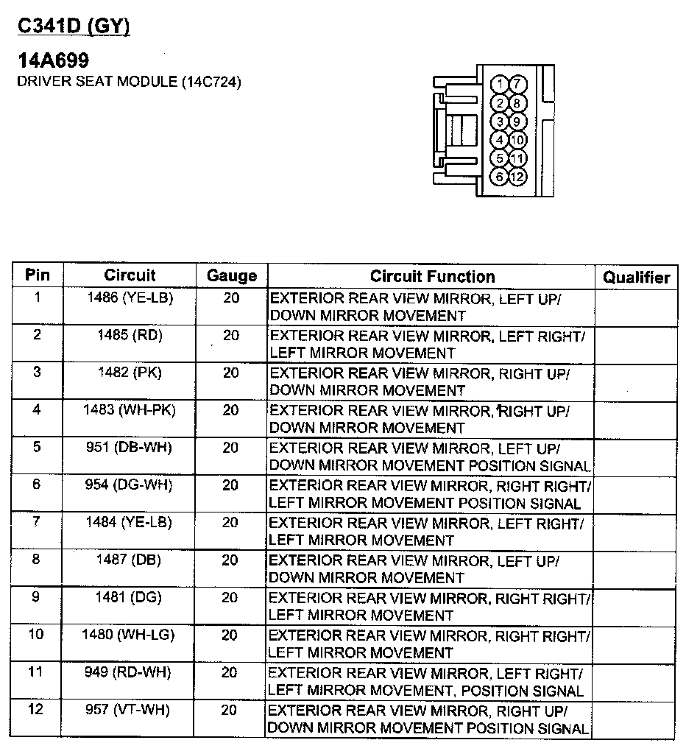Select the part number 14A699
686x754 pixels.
coord(53,60)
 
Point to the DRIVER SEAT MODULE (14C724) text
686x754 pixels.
coord(129,81)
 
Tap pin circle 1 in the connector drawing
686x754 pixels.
coord(501,84)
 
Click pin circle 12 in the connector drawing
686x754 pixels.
coord(517,177)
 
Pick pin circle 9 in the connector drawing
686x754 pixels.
coord(517,121)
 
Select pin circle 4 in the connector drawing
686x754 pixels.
coord(501,140)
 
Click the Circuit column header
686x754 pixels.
coord(130,275)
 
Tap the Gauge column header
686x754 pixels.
coord(232,276)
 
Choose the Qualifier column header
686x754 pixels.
coord(636,278)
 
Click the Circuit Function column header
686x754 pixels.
coord(432,276)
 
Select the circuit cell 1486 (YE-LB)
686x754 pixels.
coord(130,297)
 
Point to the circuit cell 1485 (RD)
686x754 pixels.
coord(130,335)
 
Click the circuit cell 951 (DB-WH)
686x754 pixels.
coord(130,448)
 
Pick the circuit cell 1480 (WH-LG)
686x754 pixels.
coord(128,635)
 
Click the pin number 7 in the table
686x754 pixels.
coord(37,523)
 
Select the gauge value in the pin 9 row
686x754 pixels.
coord(230,598)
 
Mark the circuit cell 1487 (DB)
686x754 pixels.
coord(130,560)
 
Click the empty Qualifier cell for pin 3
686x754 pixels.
coord(636,382)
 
